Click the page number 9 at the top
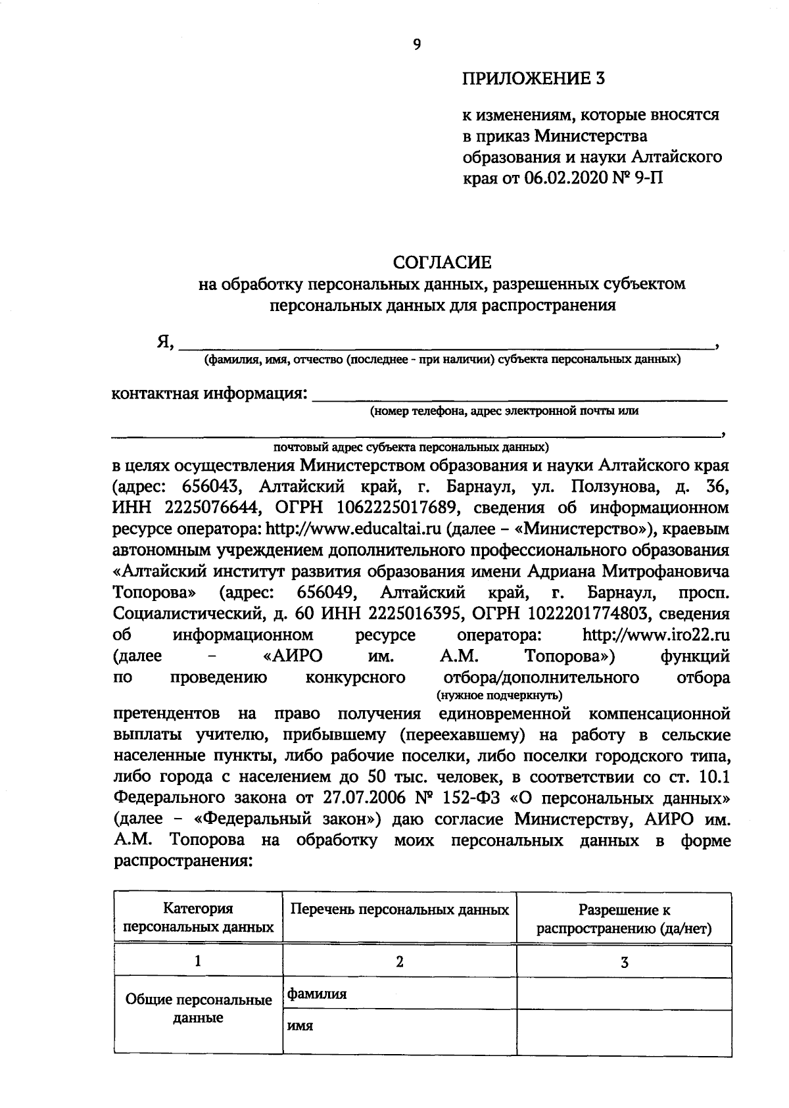(416, 44)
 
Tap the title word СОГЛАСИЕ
(442, 262)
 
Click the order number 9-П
(650, 178)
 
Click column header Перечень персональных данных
(400, 910)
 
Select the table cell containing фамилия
(400, 994)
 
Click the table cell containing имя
(400, 1026)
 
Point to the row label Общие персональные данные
(199, 1009)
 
